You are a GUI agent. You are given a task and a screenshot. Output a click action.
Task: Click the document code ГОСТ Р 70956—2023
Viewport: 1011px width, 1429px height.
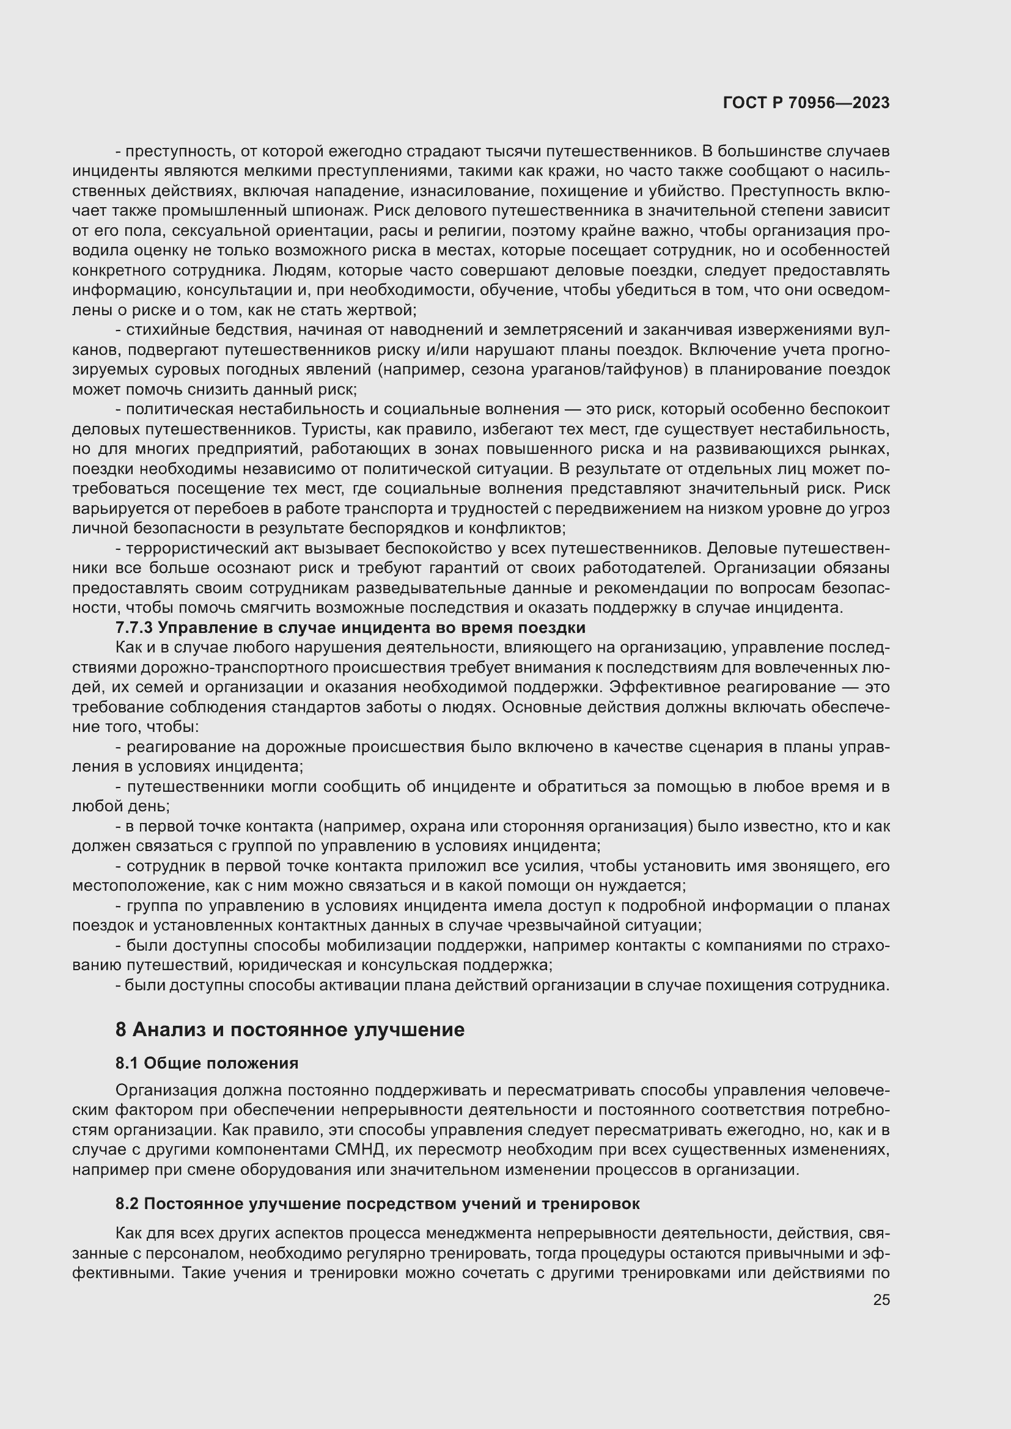click(806, 103)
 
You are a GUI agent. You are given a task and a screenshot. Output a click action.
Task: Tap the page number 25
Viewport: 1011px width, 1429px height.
click(881, 1299)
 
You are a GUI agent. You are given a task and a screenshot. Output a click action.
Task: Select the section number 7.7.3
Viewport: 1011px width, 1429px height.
click(134, 627)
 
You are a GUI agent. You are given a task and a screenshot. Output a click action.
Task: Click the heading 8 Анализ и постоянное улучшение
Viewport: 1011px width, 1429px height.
click(290, 1029)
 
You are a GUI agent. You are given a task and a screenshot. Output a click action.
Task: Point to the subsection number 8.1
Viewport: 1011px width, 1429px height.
click(127, 1063)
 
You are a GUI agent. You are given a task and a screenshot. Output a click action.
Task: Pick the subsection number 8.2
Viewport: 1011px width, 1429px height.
click(127, 1204)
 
